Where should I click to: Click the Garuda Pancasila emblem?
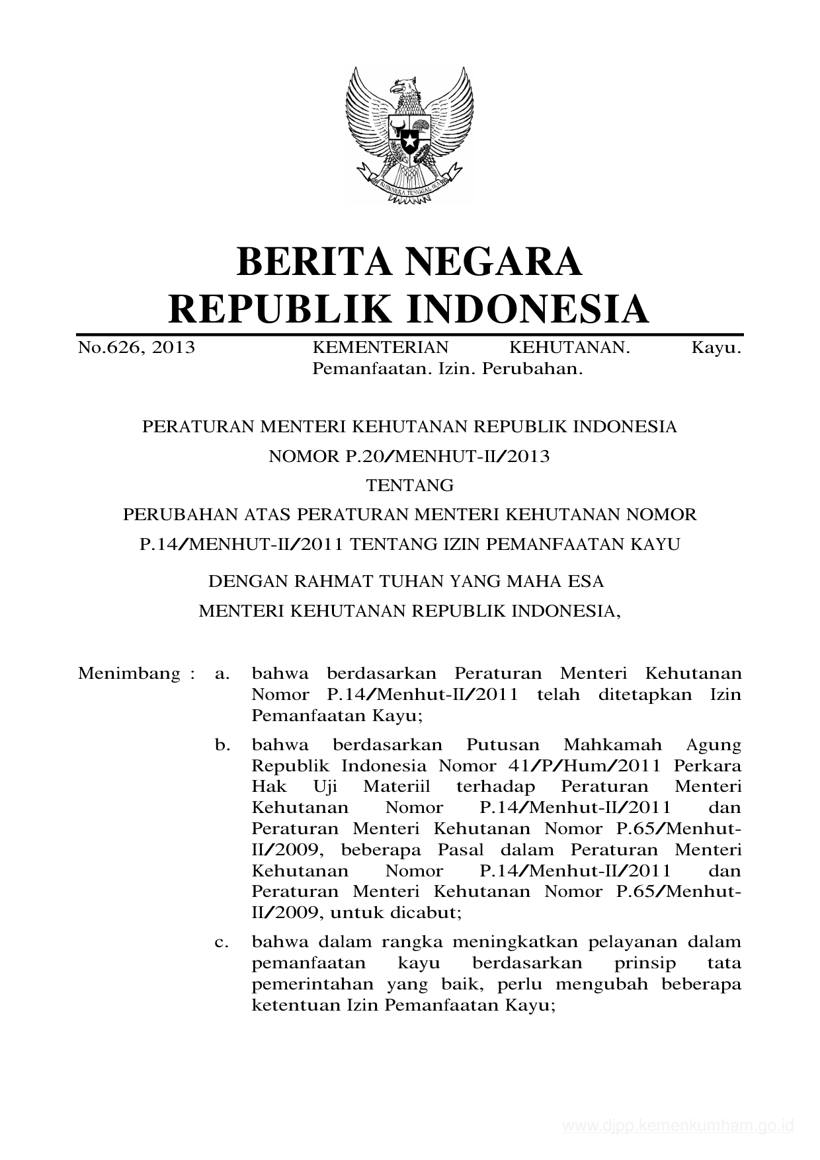coord(409,135)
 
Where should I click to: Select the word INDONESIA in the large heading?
coord(526,309)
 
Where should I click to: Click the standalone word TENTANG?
coord(410,486)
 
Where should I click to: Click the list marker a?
coord(222,674)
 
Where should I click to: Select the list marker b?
coord(222,745)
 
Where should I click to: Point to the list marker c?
coord(222,942)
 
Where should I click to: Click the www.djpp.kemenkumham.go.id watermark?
coord(678,1126)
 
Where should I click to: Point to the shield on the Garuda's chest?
coord(409,135)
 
